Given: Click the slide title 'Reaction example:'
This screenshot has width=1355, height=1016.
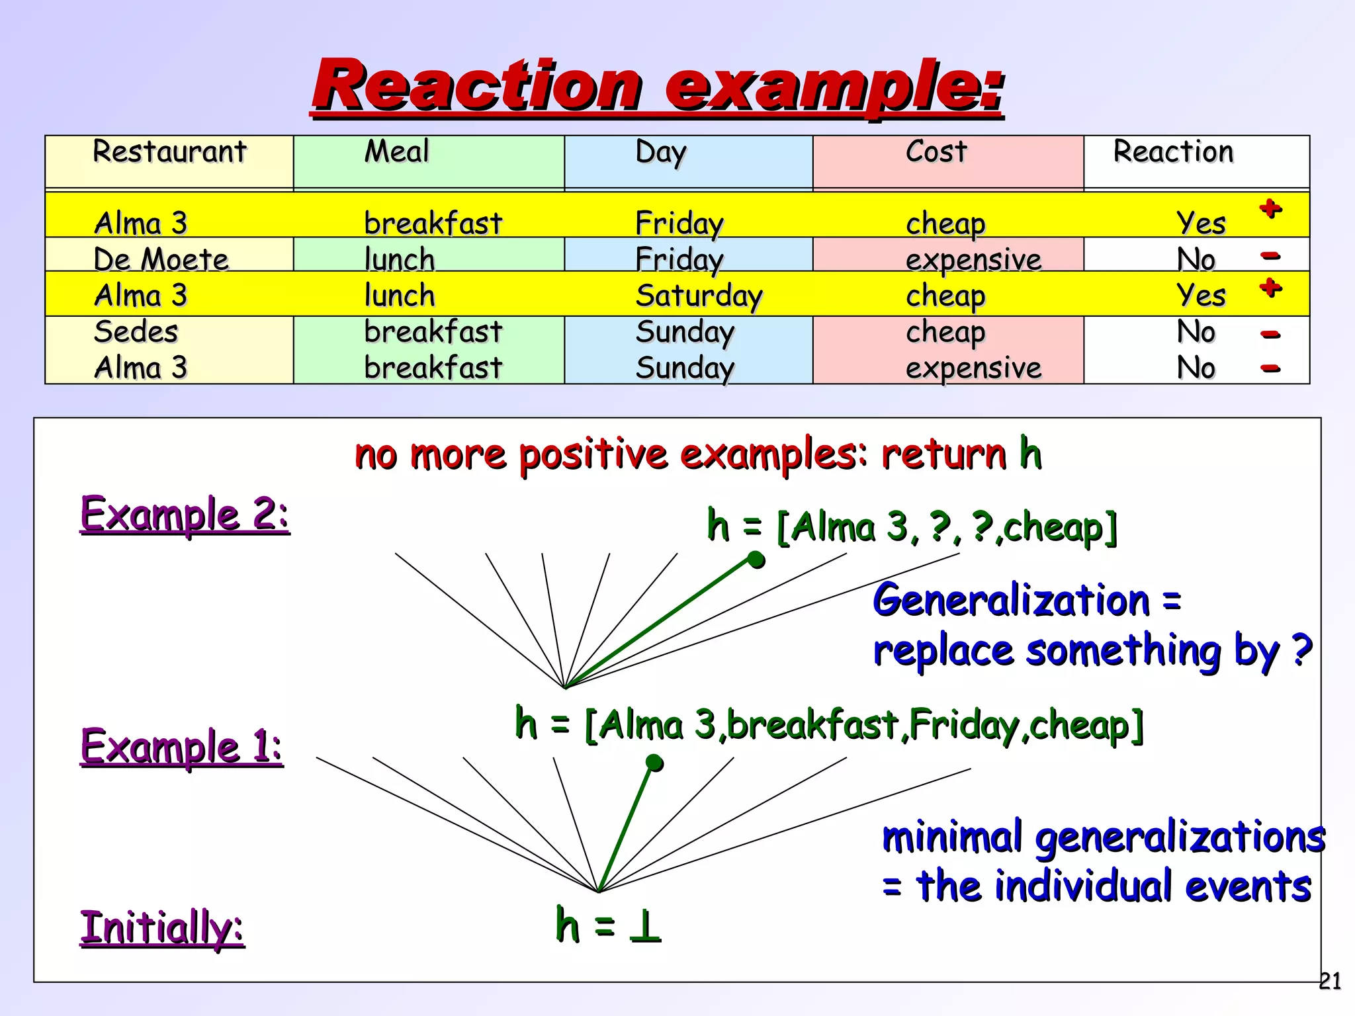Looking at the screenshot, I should (658, 86).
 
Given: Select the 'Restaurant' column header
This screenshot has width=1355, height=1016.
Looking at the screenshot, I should (169, 151).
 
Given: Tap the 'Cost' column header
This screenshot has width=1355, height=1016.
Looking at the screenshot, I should (936, 151).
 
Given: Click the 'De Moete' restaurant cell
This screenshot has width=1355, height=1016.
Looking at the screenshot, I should (161, 259).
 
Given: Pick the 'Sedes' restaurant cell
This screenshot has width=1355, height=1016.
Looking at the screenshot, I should (136, 331).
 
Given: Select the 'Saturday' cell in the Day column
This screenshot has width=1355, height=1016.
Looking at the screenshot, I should (699, 295).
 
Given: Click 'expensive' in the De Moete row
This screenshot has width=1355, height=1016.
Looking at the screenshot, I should (973, 259).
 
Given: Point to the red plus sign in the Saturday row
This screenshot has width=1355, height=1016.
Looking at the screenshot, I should (1270, 288).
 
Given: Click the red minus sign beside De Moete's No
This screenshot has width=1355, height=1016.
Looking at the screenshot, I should (1270, 255).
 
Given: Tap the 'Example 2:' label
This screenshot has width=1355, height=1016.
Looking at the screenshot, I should (185, 514).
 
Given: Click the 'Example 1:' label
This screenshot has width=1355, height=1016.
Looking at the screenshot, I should (181, 746).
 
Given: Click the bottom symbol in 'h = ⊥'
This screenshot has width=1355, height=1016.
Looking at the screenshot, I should (644, 926).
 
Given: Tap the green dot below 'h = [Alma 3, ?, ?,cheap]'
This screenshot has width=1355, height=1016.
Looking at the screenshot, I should (756, 560).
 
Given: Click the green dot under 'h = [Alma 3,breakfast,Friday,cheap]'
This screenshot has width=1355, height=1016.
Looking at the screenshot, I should (654, 763).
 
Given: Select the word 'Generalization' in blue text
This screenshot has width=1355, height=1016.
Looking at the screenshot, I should (1011, 601).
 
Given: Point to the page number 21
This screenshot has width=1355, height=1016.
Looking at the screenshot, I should (1330, 981).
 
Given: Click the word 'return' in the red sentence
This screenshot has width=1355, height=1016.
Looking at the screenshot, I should (943, 454).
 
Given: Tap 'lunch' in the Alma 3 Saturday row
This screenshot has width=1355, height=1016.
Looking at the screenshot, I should (400, 295).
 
